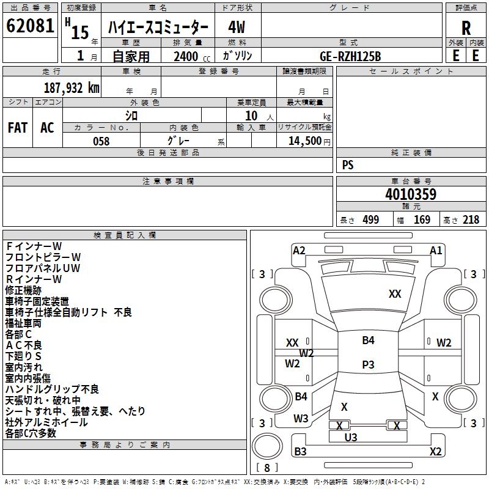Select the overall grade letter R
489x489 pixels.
(x=466, y=28)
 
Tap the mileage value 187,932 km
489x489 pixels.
(x=72, y=87)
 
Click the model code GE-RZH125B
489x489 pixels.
(x=350, y=56)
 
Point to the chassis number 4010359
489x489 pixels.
(x=411, y=194)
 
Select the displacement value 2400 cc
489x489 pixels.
(x=187, y=56)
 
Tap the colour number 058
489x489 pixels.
(x=101, y=141)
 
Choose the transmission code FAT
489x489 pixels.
(x=17, y=127)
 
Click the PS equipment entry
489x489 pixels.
(x=348, y=165)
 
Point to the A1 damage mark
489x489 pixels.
(x=436, y=250)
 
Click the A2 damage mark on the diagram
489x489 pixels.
(x=299, y=250)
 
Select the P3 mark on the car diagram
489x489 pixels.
(x=368, y=364)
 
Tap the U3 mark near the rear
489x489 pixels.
(x=350, y=437)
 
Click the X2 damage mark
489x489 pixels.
(x=435, y=452)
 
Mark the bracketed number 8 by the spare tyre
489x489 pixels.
(x=267, y=468)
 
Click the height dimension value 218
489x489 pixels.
(x=471, y=220)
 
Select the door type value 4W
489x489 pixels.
(x=237, y=28)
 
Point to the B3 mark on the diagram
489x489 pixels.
(x=300, y=452)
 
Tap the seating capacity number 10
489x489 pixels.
(x=251, y=116)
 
